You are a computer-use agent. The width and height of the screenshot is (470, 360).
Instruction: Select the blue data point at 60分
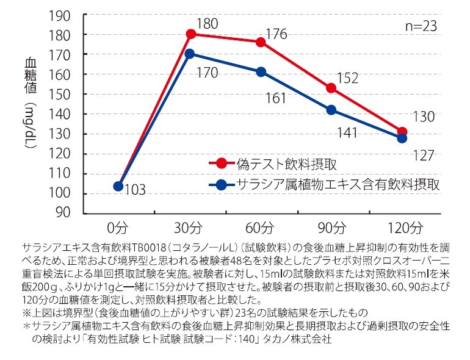point(261,72)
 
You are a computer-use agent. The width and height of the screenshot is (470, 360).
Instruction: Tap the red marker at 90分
point(331,88)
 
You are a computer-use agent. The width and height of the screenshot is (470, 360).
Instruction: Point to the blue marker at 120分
point(402,138)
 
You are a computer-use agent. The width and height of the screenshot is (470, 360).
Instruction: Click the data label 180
point(208,24)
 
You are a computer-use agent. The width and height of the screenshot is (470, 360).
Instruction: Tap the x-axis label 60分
point(260,228)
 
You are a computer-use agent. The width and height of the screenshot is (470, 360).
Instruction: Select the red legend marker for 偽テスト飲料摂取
point(220,164)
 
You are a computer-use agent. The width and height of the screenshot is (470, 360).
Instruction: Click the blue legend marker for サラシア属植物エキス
point(220,184)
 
